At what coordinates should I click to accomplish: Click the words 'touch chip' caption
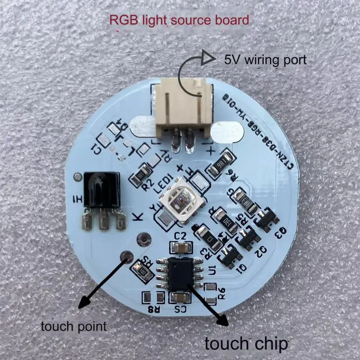tap(246, 344)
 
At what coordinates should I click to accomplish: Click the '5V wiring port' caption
tap(265, 59)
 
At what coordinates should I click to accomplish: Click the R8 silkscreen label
tap(154, 309)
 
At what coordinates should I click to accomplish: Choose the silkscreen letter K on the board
tap(139, 216)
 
